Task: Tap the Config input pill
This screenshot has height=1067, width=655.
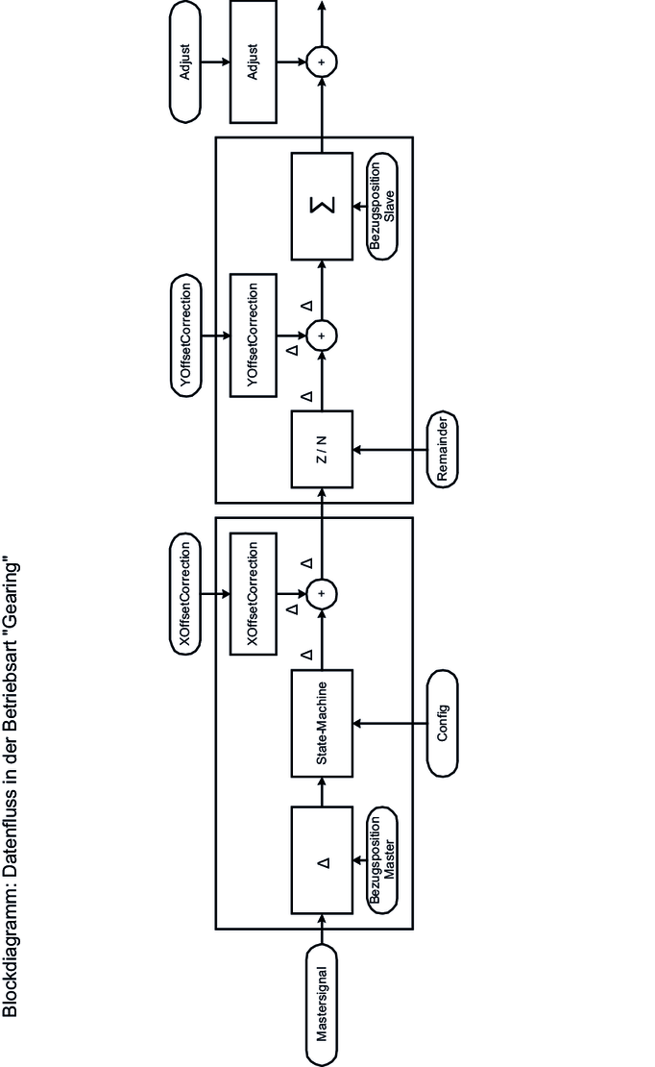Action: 442,723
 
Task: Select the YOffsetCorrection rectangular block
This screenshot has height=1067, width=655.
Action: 253,334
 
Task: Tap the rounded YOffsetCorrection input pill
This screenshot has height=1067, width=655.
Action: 187,334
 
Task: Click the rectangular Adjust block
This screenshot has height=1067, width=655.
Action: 253,62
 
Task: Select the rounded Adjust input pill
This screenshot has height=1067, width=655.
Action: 186,62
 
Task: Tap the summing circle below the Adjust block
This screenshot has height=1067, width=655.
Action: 323,62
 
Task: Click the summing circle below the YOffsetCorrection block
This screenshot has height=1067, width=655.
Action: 323,334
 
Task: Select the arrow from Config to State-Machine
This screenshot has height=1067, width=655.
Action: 394,723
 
